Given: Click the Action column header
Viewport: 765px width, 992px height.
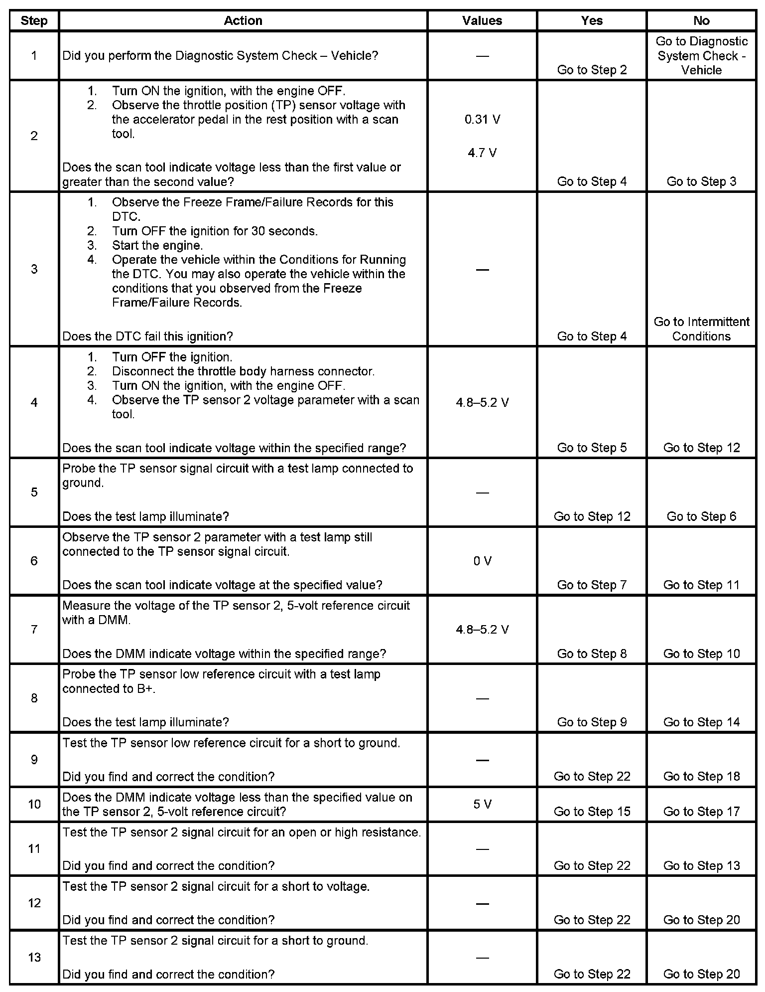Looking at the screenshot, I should pos(243,20).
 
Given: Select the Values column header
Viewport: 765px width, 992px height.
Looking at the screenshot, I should pos(482,20).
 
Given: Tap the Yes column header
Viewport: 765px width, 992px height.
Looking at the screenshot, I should pos(592,20).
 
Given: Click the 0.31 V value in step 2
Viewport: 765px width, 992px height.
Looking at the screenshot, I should pos(482,120).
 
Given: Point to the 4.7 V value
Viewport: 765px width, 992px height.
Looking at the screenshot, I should pos(482,153).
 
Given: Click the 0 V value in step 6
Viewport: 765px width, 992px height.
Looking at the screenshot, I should pos(482,561).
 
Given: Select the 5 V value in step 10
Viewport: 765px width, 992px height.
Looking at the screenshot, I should pos(482,804).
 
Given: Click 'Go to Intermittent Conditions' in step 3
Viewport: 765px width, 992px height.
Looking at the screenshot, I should pos(701,329).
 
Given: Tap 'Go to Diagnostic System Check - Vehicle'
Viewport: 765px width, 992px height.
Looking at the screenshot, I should pos(701,55).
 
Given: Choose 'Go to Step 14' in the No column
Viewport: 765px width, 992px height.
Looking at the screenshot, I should pos(701,722).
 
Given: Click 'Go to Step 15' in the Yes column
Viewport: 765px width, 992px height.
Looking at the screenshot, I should pos(592,812).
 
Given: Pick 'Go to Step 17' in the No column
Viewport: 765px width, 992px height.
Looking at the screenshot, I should pos(701,812).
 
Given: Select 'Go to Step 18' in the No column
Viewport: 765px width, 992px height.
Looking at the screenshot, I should pos(701,776).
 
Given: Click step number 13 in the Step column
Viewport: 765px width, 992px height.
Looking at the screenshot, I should pos(34,957).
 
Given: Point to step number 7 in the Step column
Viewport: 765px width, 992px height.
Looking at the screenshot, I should pos(34,629).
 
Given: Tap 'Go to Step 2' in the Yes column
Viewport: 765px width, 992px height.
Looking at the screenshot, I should pos(592,70).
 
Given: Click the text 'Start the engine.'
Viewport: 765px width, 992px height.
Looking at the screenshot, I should pos(157,245).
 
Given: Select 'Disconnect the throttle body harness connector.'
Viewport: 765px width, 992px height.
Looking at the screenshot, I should pos(243,371).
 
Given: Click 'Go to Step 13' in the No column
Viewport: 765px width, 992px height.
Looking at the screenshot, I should pos(701,866).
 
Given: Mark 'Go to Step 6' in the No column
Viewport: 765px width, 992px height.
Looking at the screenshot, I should pos(701,516).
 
